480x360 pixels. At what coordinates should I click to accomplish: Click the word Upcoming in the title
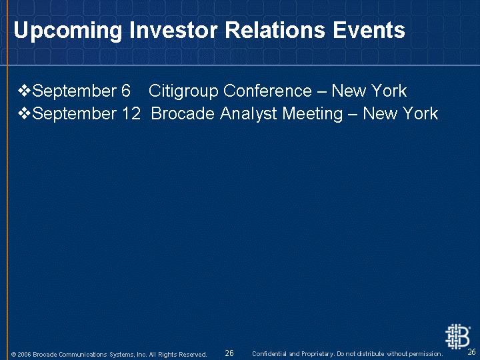(x=67, y=31)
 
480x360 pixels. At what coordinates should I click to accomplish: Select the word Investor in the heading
(x=173, y=30)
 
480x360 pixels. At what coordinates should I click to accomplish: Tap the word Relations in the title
(x=275, y=30)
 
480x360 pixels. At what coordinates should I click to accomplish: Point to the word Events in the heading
(x=369, y=30)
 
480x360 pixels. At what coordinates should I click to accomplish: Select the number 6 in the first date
(x=126, y=91)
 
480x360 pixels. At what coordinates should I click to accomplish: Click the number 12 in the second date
(x=131, y=113)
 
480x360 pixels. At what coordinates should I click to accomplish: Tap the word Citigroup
(x=183, y=91)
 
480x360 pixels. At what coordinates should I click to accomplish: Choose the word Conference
(x=267, y=91)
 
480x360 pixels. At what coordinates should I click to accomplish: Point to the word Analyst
(x=248, y=114)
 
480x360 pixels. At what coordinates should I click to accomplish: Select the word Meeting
(x=312, y=114)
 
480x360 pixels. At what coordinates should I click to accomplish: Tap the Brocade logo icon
(x=457, y=337)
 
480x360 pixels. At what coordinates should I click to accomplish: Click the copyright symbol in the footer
(x=13, y=355)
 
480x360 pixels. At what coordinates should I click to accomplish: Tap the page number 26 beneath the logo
(x=472, y=352)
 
